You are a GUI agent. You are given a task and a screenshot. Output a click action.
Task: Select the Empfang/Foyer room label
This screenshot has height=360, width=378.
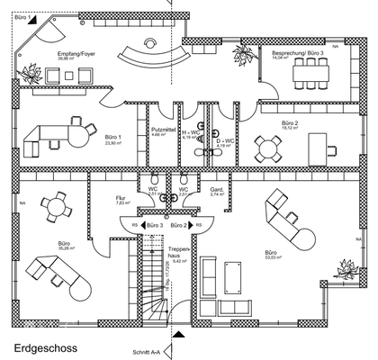click(x=76, y=55)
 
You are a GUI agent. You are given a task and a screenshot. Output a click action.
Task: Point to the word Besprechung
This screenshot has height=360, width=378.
click(x=288, y=54)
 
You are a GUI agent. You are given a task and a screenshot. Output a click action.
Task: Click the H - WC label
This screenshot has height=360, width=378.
click(x=191, y=133)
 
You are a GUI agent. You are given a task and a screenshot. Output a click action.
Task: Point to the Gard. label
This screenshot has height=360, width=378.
click(x=216, y=189)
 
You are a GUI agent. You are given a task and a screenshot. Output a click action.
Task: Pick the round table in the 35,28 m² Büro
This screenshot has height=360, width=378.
click(x=58, y=208)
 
